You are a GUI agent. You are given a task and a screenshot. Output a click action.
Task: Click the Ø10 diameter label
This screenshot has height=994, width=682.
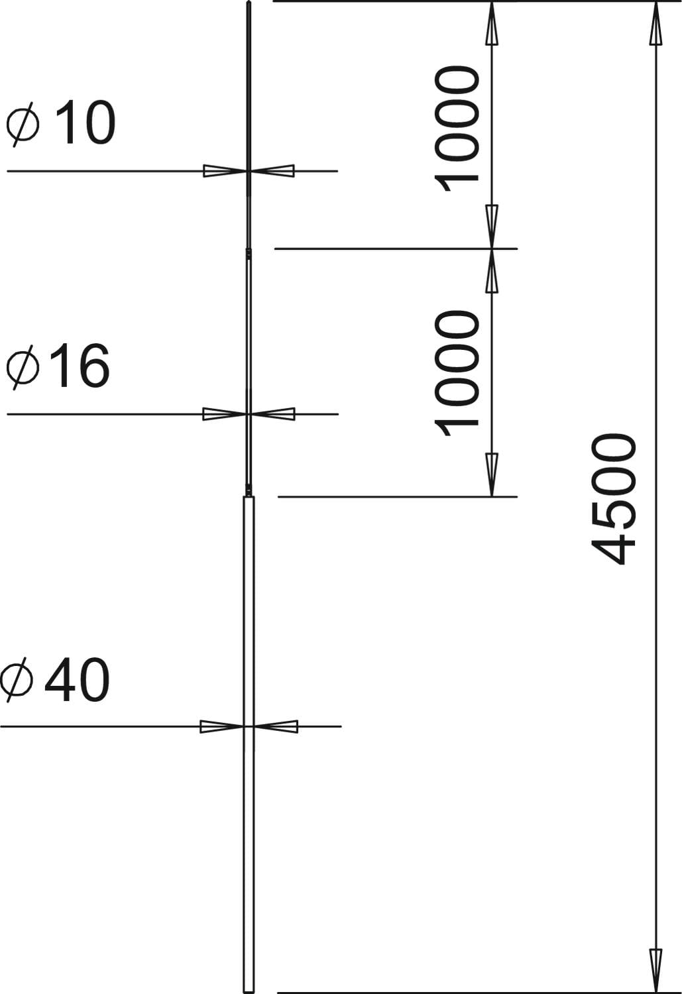tap(61, 123)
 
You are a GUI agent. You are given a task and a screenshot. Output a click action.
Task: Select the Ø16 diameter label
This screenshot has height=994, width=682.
tap(58, 366)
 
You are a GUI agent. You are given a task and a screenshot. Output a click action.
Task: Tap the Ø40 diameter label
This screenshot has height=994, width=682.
tap(55, 679)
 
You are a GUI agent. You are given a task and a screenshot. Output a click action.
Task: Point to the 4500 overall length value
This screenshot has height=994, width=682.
tap(614, 499)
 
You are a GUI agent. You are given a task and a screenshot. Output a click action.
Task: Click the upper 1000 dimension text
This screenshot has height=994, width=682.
tap(457, 129)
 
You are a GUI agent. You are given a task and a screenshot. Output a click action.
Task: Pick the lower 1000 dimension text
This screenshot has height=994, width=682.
tap(457, 373)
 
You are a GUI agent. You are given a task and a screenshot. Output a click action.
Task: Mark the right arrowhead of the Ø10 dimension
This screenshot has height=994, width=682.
tap(272, 171)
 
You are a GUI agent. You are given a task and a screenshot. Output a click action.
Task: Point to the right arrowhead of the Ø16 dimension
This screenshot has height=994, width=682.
tap(273, 414)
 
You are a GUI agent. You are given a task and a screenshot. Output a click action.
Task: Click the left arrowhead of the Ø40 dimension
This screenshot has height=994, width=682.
tap(222, 726)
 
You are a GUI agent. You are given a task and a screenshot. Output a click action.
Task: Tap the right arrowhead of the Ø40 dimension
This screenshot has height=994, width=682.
tap(276, 726)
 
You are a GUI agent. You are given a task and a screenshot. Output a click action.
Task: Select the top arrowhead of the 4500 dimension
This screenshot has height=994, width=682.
tap(656, 23)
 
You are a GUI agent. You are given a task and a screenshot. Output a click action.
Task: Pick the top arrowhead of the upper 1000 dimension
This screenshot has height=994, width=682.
tap(491, 23)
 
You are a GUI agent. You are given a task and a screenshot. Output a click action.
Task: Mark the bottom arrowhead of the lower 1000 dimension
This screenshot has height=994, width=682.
tap(492, 475)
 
